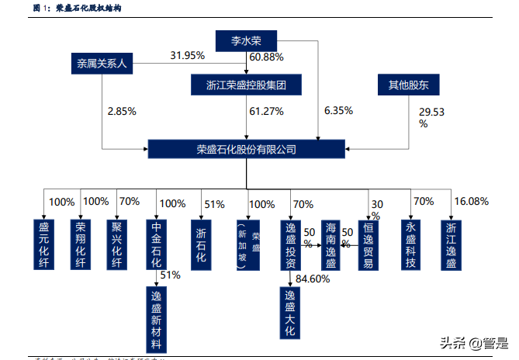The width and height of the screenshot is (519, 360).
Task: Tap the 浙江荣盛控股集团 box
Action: click(245, 85)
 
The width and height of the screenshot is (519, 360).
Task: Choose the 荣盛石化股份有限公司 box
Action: click(246, 149)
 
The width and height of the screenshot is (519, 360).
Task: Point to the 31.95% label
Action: click(187, 56)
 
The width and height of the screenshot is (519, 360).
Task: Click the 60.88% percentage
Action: click(266, 57)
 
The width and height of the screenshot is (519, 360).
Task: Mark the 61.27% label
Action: click(266, 112)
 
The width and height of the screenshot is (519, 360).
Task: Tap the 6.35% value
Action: click(338, 112)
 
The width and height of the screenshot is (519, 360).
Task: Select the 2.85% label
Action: click(122, 112)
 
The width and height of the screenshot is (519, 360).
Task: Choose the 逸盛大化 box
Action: click(289, 313)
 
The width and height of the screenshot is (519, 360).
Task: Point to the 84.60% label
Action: click(313, 278)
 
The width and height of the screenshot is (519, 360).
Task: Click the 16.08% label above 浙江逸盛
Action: click(472, 202)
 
